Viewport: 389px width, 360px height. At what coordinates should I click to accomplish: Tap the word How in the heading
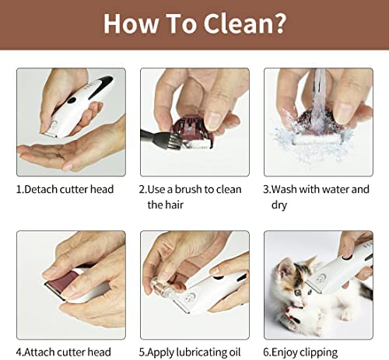[x=131, y=23]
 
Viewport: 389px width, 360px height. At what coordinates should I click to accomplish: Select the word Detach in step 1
[x=41, y=190]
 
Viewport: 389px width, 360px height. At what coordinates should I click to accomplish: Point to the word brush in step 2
[x=188, y=190]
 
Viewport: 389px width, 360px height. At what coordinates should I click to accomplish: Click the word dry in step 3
[x=279, y=205]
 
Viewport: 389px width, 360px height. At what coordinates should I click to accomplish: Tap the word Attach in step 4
[x=40, y=352]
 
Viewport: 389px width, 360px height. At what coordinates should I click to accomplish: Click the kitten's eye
[x=298, y=293]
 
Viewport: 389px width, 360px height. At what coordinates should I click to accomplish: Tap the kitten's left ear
[x=285, y=267]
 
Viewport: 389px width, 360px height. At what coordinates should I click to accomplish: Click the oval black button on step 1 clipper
[x=72, y=100]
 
